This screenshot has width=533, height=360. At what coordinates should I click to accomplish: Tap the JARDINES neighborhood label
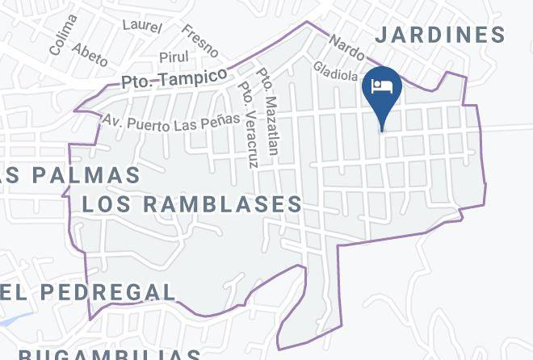pos(440,35)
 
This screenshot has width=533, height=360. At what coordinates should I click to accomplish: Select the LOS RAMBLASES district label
pos(192,204)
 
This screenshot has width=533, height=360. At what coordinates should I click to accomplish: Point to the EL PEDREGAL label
pos(87,291)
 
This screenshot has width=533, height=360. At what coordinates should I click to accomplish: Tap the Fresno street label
pos(200,40)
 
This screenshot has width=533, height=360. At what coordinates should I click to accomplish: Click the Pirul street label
pos(174,57)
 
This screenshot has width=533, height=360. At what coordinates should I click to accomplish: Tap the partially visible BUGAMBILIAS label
pos(109,354)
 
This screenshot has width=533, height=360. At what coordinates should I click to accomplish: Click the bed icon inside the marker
pos(382,86)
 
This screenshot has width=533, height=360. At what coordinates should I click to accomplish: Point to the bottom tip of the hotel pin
pos(382,130)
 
